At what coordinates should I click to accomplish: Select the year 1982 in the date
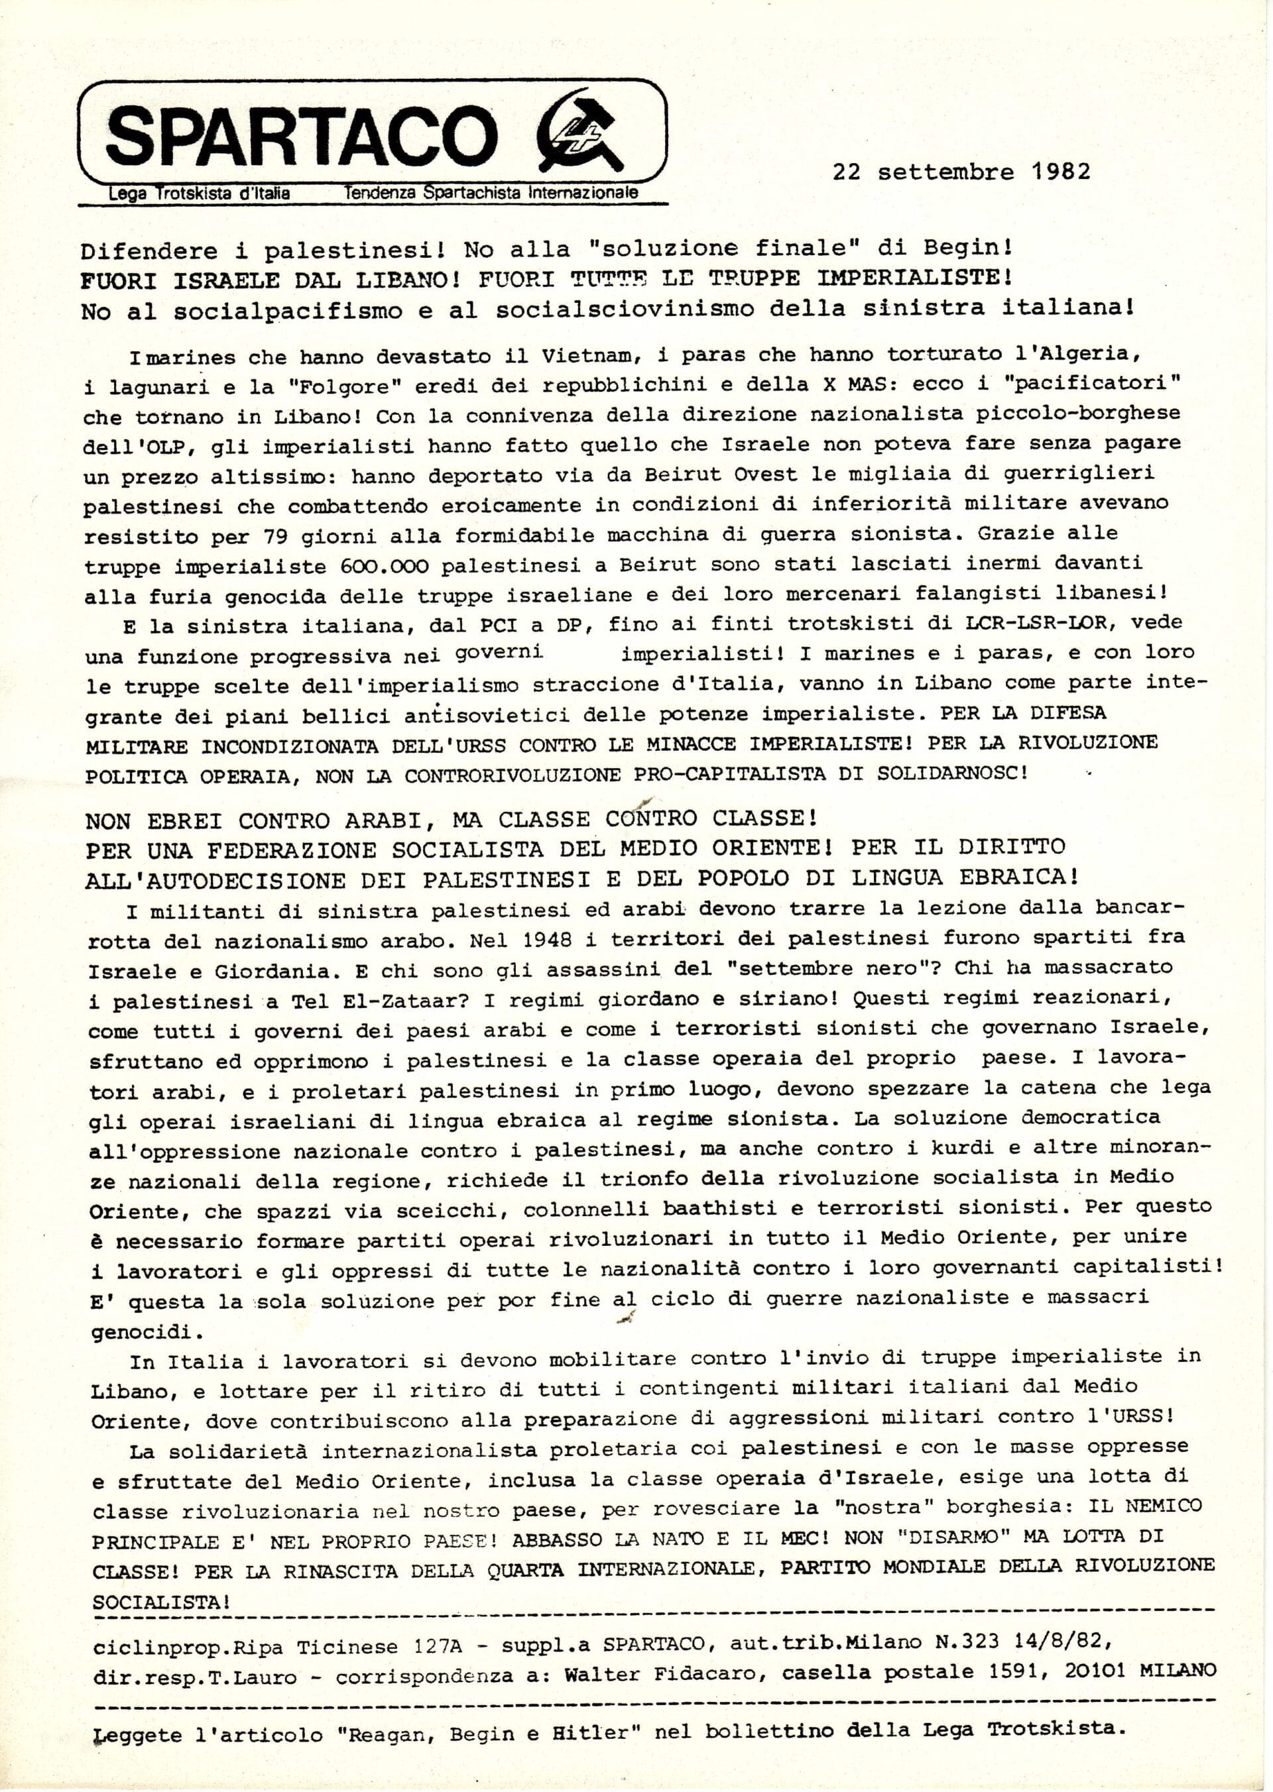(1057, 171)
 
